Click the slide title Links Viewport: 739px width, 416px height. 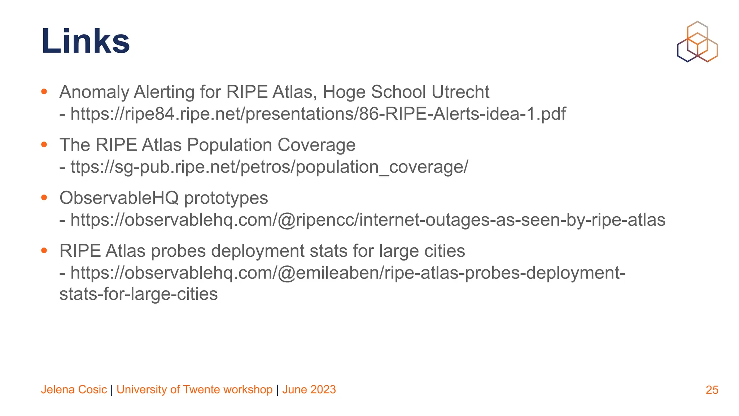tap(86, 41)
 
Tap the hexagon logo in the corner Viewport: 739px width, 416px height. tap(697, 42)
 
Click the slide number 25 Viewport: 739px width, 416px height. tap(712, 390)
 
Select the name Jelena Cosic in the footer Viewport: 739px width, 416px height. tap(74, 390)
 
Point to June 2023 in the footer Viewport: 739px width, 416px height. tap(309, 390)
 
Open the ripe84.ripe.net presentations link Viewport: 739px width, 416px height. tap(318, 114)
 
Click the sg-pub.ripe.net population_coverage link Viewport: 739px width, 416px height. tap(269, 167)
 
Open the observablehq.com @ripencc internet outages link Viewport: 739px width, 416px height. tap(367, 220)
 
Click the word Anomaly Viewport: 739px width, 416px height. tap(94, 92)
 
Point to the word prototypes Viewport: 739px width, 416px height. tap(226, 198)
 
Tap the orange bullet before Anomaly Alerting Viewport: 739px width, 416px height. tap(44, 91)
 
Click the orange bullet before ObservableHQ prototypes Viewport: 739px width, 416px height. tap(44, 198)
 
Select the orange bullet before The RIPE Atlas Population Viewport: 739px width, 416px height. tap(44, 144)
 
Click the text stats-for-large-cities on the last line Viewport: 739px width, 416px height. tap(139, 294)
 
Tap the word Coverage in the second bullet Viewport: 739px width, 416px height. tap(316, 145)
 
